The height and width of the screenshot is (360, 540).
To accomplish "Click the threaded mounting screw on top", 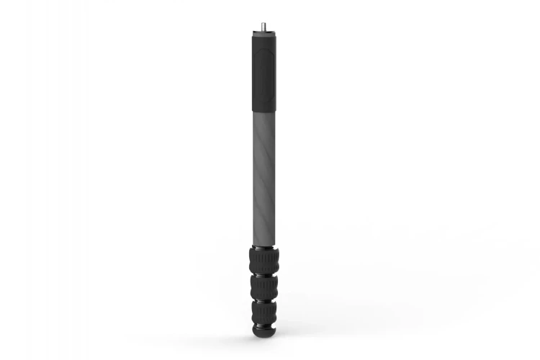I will point(261,25).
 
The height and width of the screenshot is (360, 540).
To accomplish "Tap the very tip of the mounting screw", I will point(261,22).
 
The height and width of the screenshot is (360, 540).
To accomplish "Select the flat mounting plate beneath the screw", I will point(261,31).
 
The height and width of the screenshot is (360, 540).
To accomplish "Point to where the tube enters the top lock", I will point(264,243).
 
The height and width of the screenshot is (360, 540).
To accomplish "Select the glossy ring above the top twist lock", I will point(264,247).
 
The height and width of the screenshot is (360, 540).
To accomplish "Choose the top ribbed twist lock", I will point(264,260).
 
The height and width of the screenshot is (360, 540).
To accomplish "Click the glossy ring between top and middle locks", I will point(264,274).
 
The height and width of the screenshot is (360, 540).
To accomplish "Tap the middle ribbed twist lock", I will point(264,286).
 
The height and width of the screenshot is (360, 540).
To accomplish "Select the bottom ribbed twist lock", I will point(264,311).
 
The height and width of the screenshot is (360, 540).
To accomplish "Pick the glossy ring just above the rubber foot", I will point(264,323).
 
